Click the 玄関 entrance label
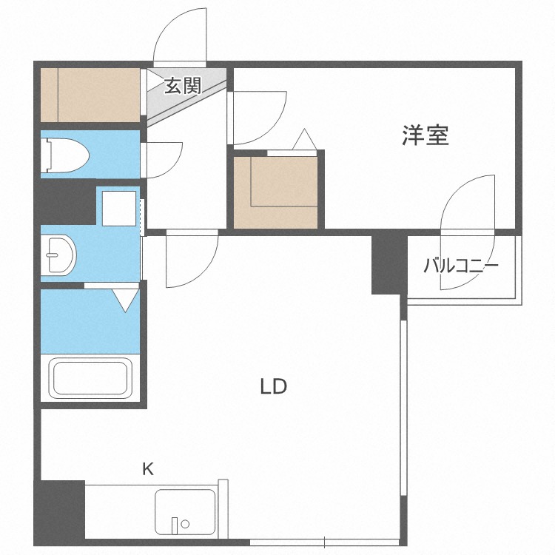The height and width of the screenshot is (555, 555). (x=182, y=86)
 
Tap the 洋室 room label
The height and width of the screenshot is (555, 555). (x=425, y=135)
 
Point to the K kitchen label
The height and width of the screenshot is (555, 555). (x=148, y=468)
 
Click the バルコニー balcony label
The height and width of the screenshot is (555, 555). (x=461, y=266)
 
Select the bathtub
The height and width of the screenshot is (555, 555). (x=90, y=377)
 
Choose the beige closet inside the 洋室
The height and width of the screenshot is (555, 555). (x=277, y=191)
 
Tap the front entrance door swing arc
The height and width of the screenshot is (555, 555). (x=180, y=37)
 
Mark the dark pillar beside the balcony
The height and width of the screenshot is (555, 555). (x=388, y=263)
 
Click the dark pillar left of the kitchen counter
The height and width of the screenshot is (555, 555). (x=59, y=511)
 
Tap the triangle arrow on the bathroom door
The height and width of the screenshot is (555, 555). (x=126, y=300)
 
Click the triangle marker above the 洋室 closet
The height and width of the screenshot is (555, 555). (x=304, y=139)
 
